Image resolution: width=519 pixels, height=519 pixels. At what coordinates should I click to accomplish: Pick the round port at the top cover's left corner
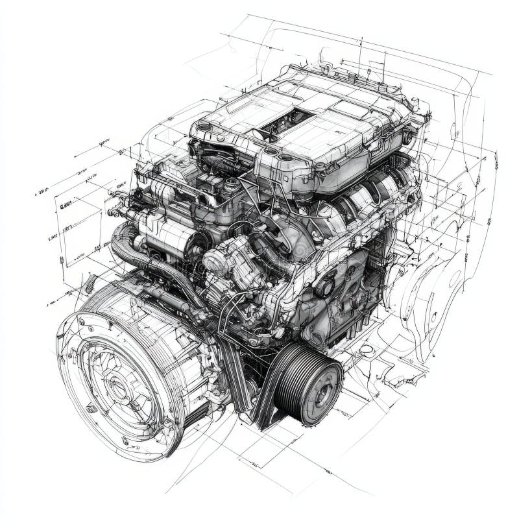click(x=204, y=127)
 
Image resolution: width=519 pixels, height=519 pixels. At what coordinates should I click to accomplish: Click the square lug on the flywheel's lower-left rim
click(x=91, y=408)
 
